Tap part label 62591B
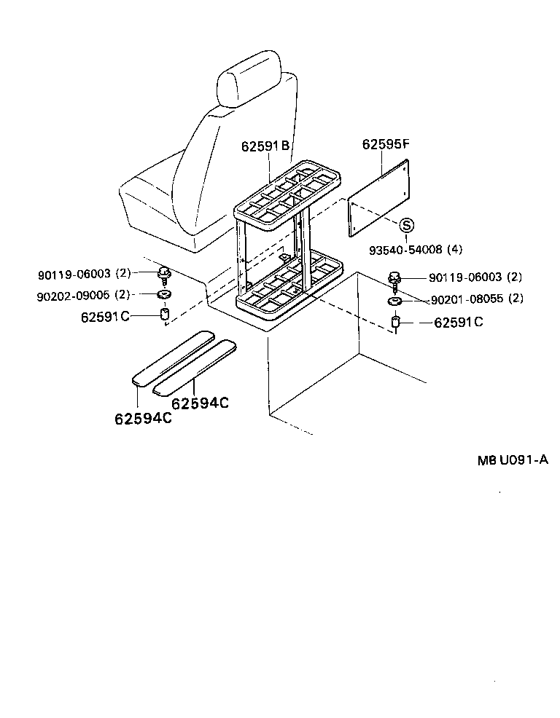pyautogui.click(x=265, y=146)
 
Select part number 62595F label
pyautogui.click(x=386, y=144)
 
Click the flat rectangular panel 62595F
pyautogui.click(x=380, y=200)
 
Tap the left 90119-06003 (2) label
pyautogui.click(x=84, y=274)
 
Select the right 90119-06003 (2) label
pyautogui.click(x=475, y=277)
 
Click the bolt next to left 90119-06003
pyautogui.click(x=164, y=275)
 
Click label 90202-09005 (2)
pyautogui.click(x=84, y=294)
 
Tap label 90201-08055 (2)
pyautogui.click(x=477, y=299)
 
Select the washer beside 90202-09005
pyautogui.click(x=165, y=295)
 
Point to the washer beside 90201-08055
pyautogui.click(x=394, y=301)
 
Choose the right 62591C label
pyautogui.click(x=458, y=322)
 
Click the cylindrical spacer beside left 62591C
pyautogui.click(x=165, y=315)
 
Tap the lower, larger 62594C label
pyautogui.click(x=143, y=419)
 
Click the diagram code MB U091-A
pyautogui.click(x=513, y=459)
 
